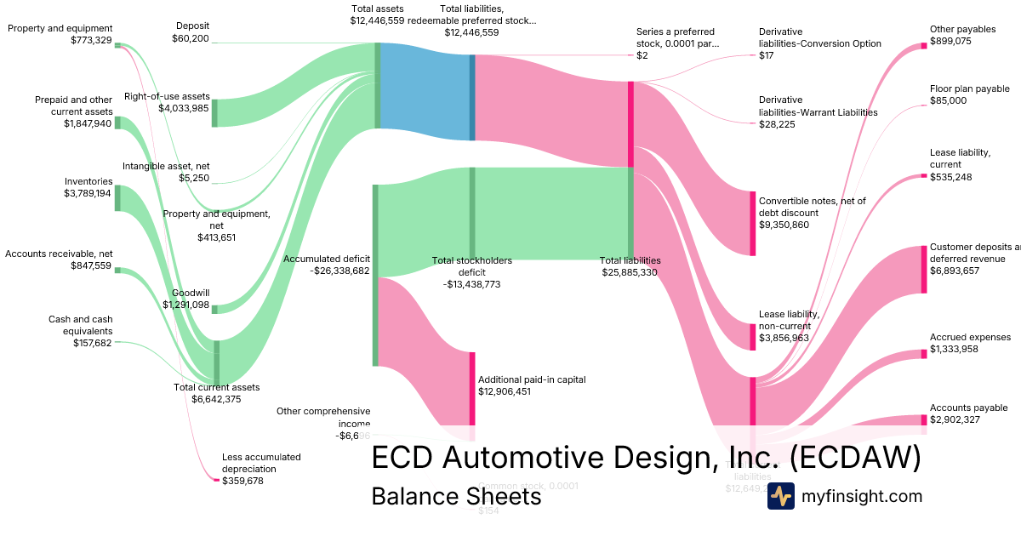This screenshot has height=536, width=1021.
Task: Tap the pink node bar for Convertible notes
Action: click(x=752, y=223)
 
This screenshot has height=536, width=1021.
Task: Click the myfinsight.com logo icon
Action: click(x=780, y=496)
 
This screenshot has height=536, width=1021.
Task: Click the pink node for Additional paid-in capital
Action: click(x=472, y=388)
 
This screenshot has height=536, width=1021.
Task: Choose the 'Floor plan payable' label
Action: click(x=969, y=88)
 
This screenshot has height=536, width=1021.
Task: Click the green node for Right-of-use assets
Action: click(x=214, y=112)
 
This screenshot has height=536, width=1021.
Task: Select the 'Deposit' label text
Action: click(x=191, y=26)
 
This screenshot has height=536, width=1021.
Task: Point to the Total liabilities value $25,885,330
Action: click(x=630, y=272)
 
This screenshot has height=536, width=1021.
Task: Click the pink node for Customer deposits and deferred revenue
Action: click(x=923, y=269)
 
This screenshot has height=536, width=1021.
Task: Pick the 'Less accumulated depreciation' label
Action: click(x=260, y=463)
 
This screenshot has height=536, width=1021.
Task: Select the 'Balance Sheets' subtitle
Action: click(x=456, y=496)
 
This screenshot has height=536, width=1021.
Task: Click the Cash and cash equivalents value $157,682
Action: click(x=93, y=343)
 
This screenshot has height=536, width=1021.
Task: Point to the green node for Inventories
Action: click(x=117, y=197)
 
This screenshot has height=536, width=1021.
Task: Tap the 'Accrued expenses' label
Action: click(x=970, y=337)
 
